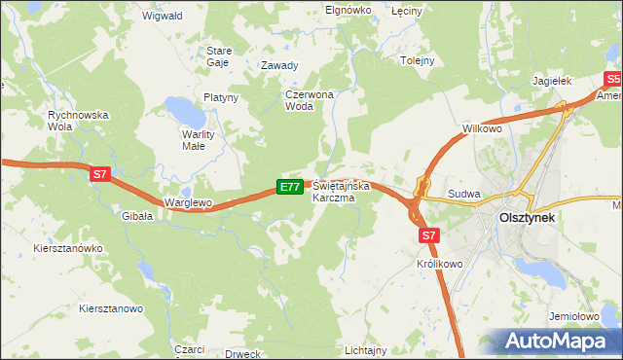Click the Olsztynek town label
click(x=526, y=219)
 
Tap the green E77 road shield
click(x=289, y=186)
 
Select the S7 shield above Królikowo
click(x=430, y=234)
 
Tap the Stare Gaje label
click(x=217, y=55)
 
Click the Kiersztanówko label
click(x=67, y=248)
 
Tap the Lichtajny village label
click(x=366, y=348)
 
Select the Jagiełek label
click(x=553, y=82)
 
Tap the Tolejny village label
click(x=418, y=60)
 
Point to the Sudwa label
click(x=464, y=194)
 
